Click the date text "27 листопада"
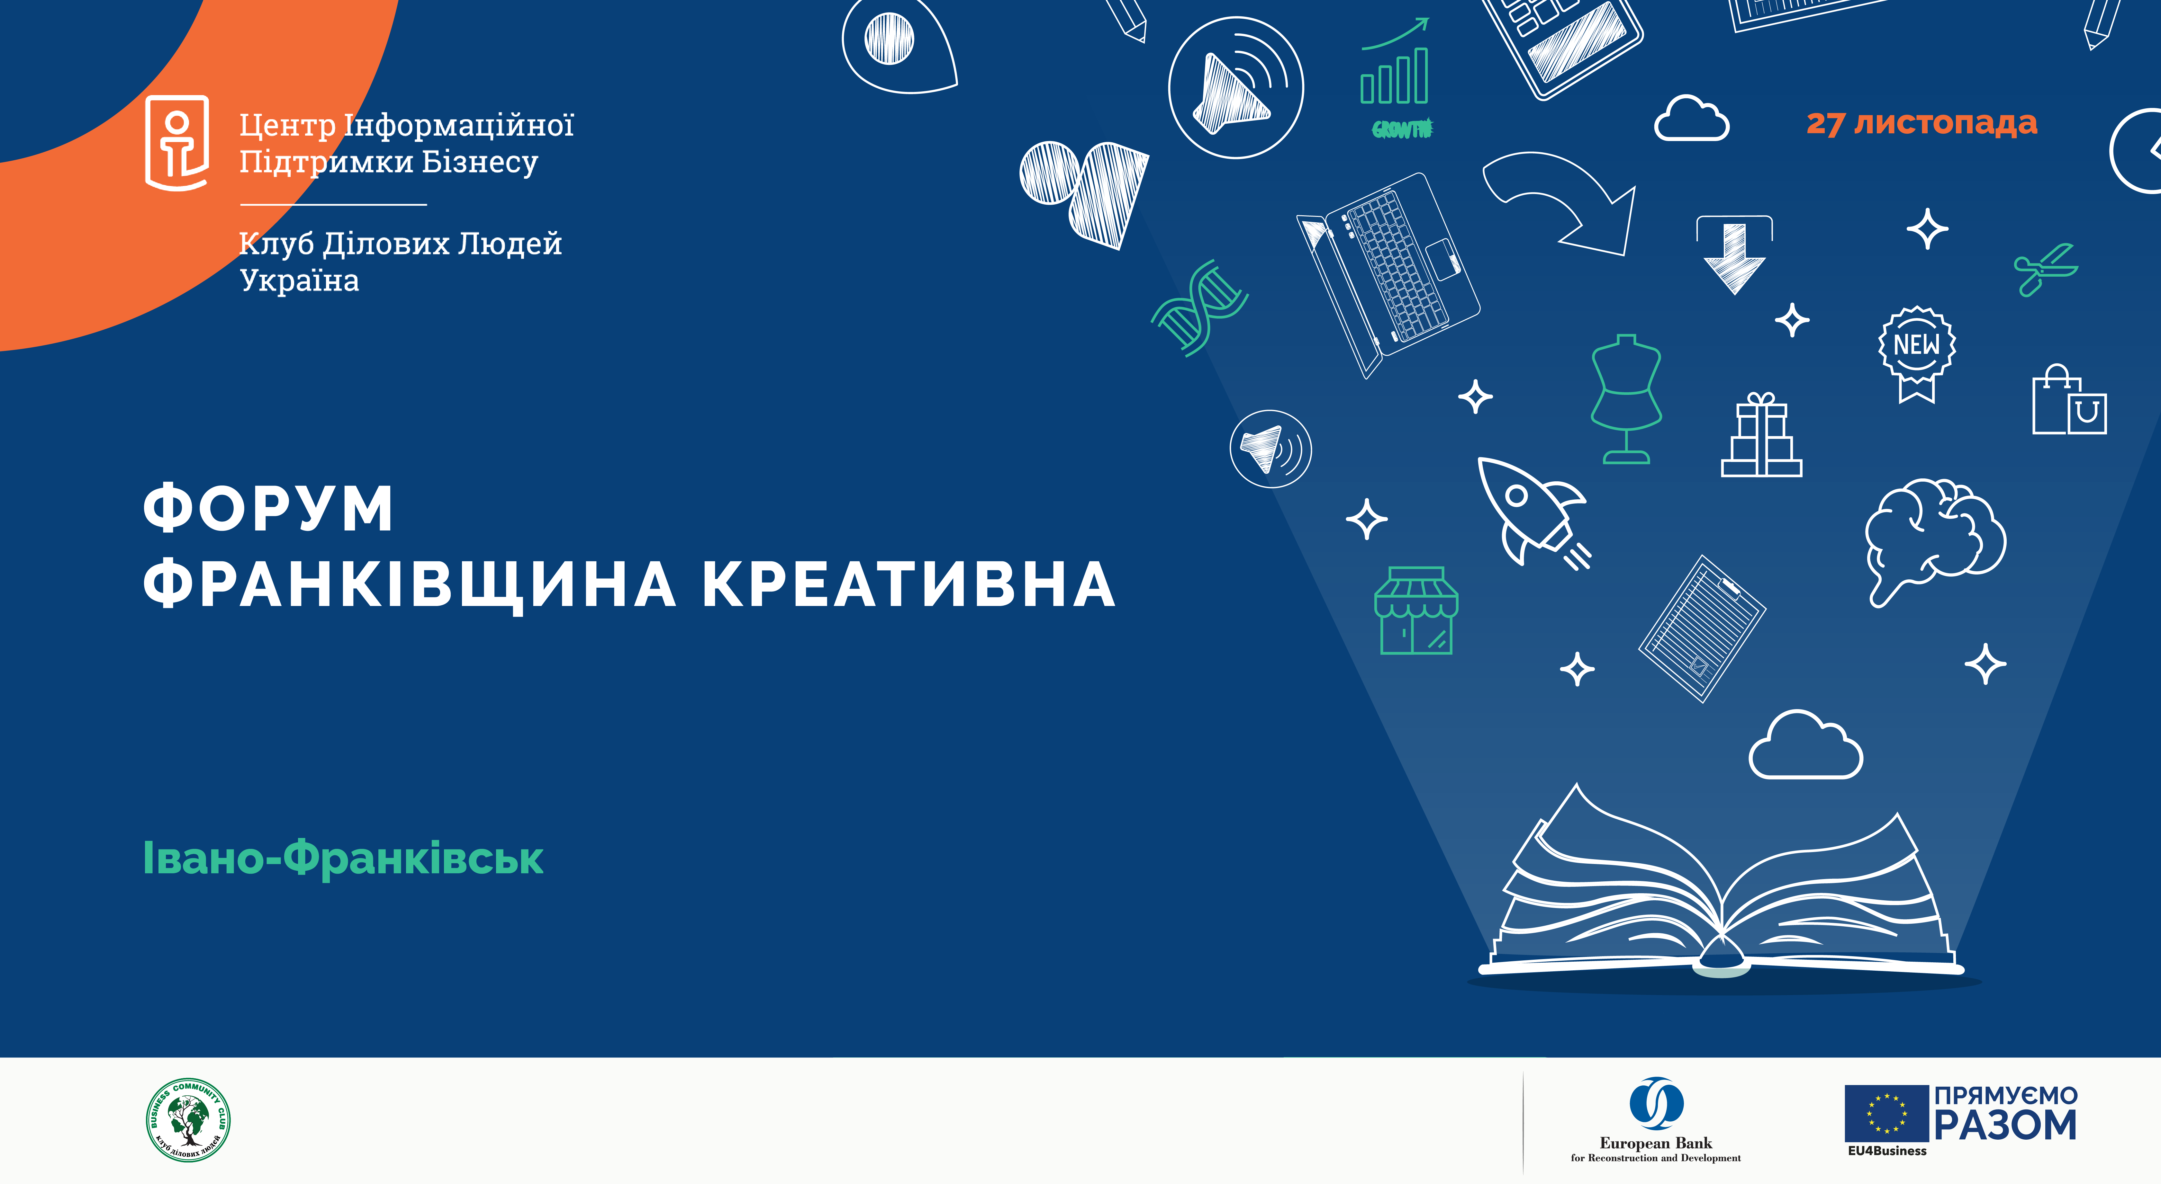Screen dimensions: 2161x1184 (x=1921, y=123)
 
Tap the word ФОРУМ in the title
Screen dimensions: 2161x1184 (x=268, y=508)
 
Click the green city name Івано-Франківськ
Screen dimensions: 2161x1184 (x=343, y=858)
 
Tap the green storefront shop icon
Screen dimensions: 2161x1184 (x=1416, y=610)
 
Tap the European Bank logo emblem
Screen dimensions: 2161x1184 (x=1656, y=1103)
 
